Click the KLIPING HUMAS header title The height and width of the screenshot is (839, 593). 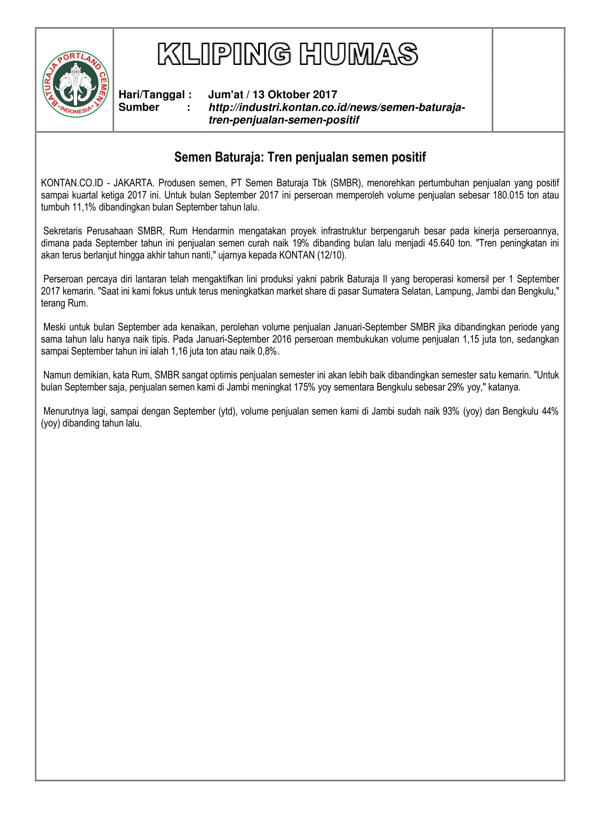point(288,55)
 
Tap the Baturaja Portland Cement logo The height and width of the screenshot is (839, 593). point(76,84)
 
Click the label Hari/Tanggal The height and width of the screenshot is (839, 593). point(155,95)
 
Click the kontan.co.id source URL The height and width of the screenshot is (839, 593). point(336,114)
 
